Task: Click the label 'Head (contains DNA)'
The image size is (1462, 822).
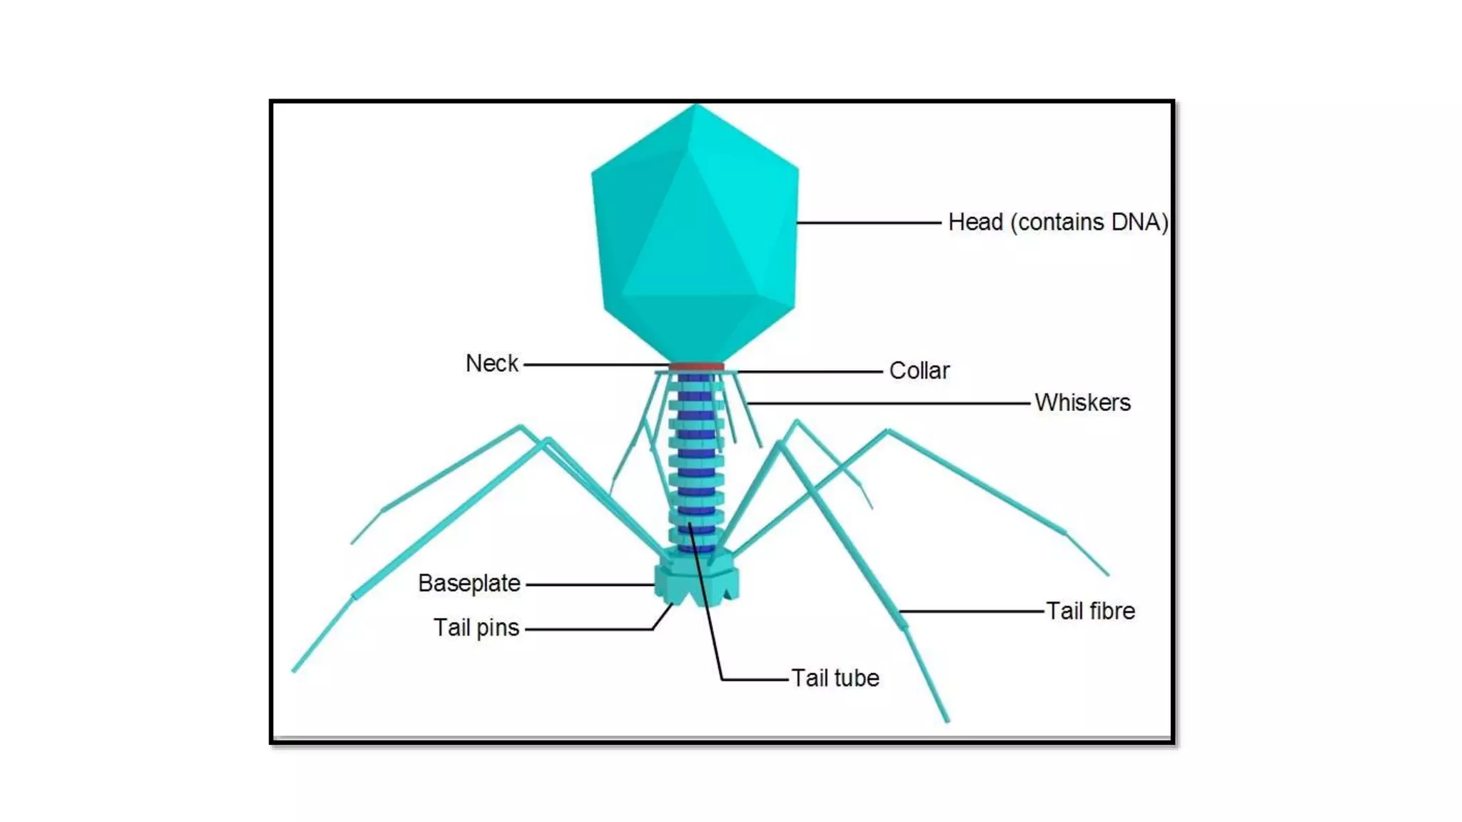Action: (x=1057, y=223)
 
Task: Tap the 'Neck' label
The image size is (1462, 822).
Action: (x=492, y=364)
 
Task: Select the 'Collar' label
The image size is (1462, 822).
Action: (x=919, y=371)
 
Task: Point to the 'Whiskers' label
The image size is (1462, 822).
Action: (x=1082, y=402)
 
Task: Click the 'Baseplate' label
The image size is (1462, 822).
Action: (x=469, y=584)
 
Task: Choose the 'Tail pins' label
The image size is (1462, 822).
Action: (x=476, y=628)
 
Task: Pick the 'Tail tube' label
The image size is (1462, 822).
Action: (x=835, y=678)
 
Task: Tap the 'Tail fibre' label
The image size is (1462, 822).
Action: (x=1090, y=612)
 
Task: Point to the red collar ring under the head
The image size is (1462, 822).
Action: (x=696, y=367)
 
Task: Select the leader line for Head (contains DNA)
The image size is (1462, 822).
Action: (x=869, y=223)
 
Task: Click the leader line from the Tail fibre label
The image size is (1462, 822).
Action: (x=971, y=612)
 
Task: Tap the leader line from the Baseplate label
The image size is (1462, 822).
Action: (x=590, y=584)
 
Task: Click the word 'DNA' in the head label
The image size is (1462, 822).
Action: (x=1135, y=223)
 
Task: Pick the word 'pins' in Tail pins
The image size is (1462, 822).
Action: (x=498, y=629)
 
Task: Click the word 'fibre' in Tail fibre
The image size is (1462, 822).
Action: (x=1111, y=612)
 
